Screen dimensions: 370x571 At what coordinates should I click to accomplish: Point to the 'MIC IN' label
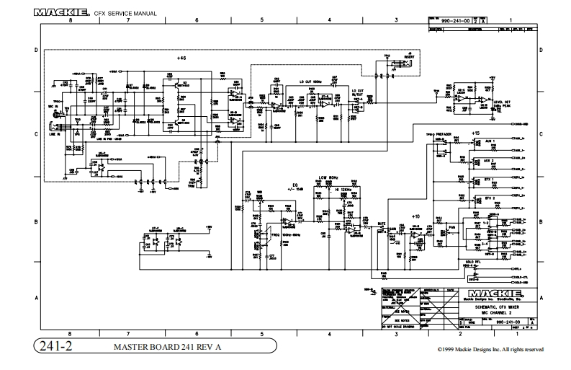click(x=53, y=107)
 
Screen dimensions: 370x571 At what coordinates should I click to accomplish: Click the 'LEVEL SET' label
click(x=503, y=102)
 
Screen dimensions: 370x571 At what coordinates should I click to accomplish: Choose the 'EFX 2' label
click(x=490, y=197)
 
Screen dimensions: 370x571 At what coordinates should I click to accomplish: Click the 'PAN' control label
click(x=451, y=227)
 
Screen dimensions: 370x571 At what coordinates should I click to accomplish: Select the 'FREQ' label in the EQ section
click(x=275, y=235)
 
